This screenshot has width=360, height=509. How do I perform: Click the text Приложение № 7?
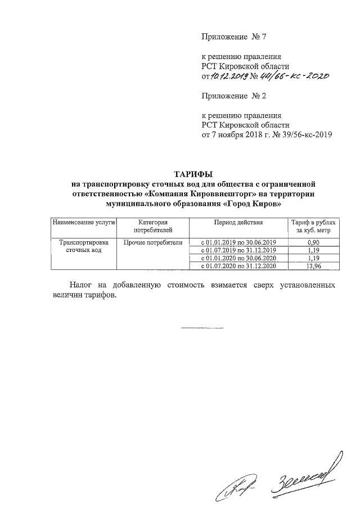(233, 37)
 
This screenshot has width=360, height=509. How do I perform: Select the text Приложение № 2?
(233, 96)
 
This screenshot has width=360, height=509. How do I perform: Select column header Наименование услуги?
(83, 223)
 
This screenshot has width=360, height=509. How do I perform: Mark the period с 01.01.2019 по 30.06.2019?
(238, 242)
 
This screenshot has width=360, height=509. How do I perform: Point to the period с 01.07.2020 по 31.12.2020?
(238, 266)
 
